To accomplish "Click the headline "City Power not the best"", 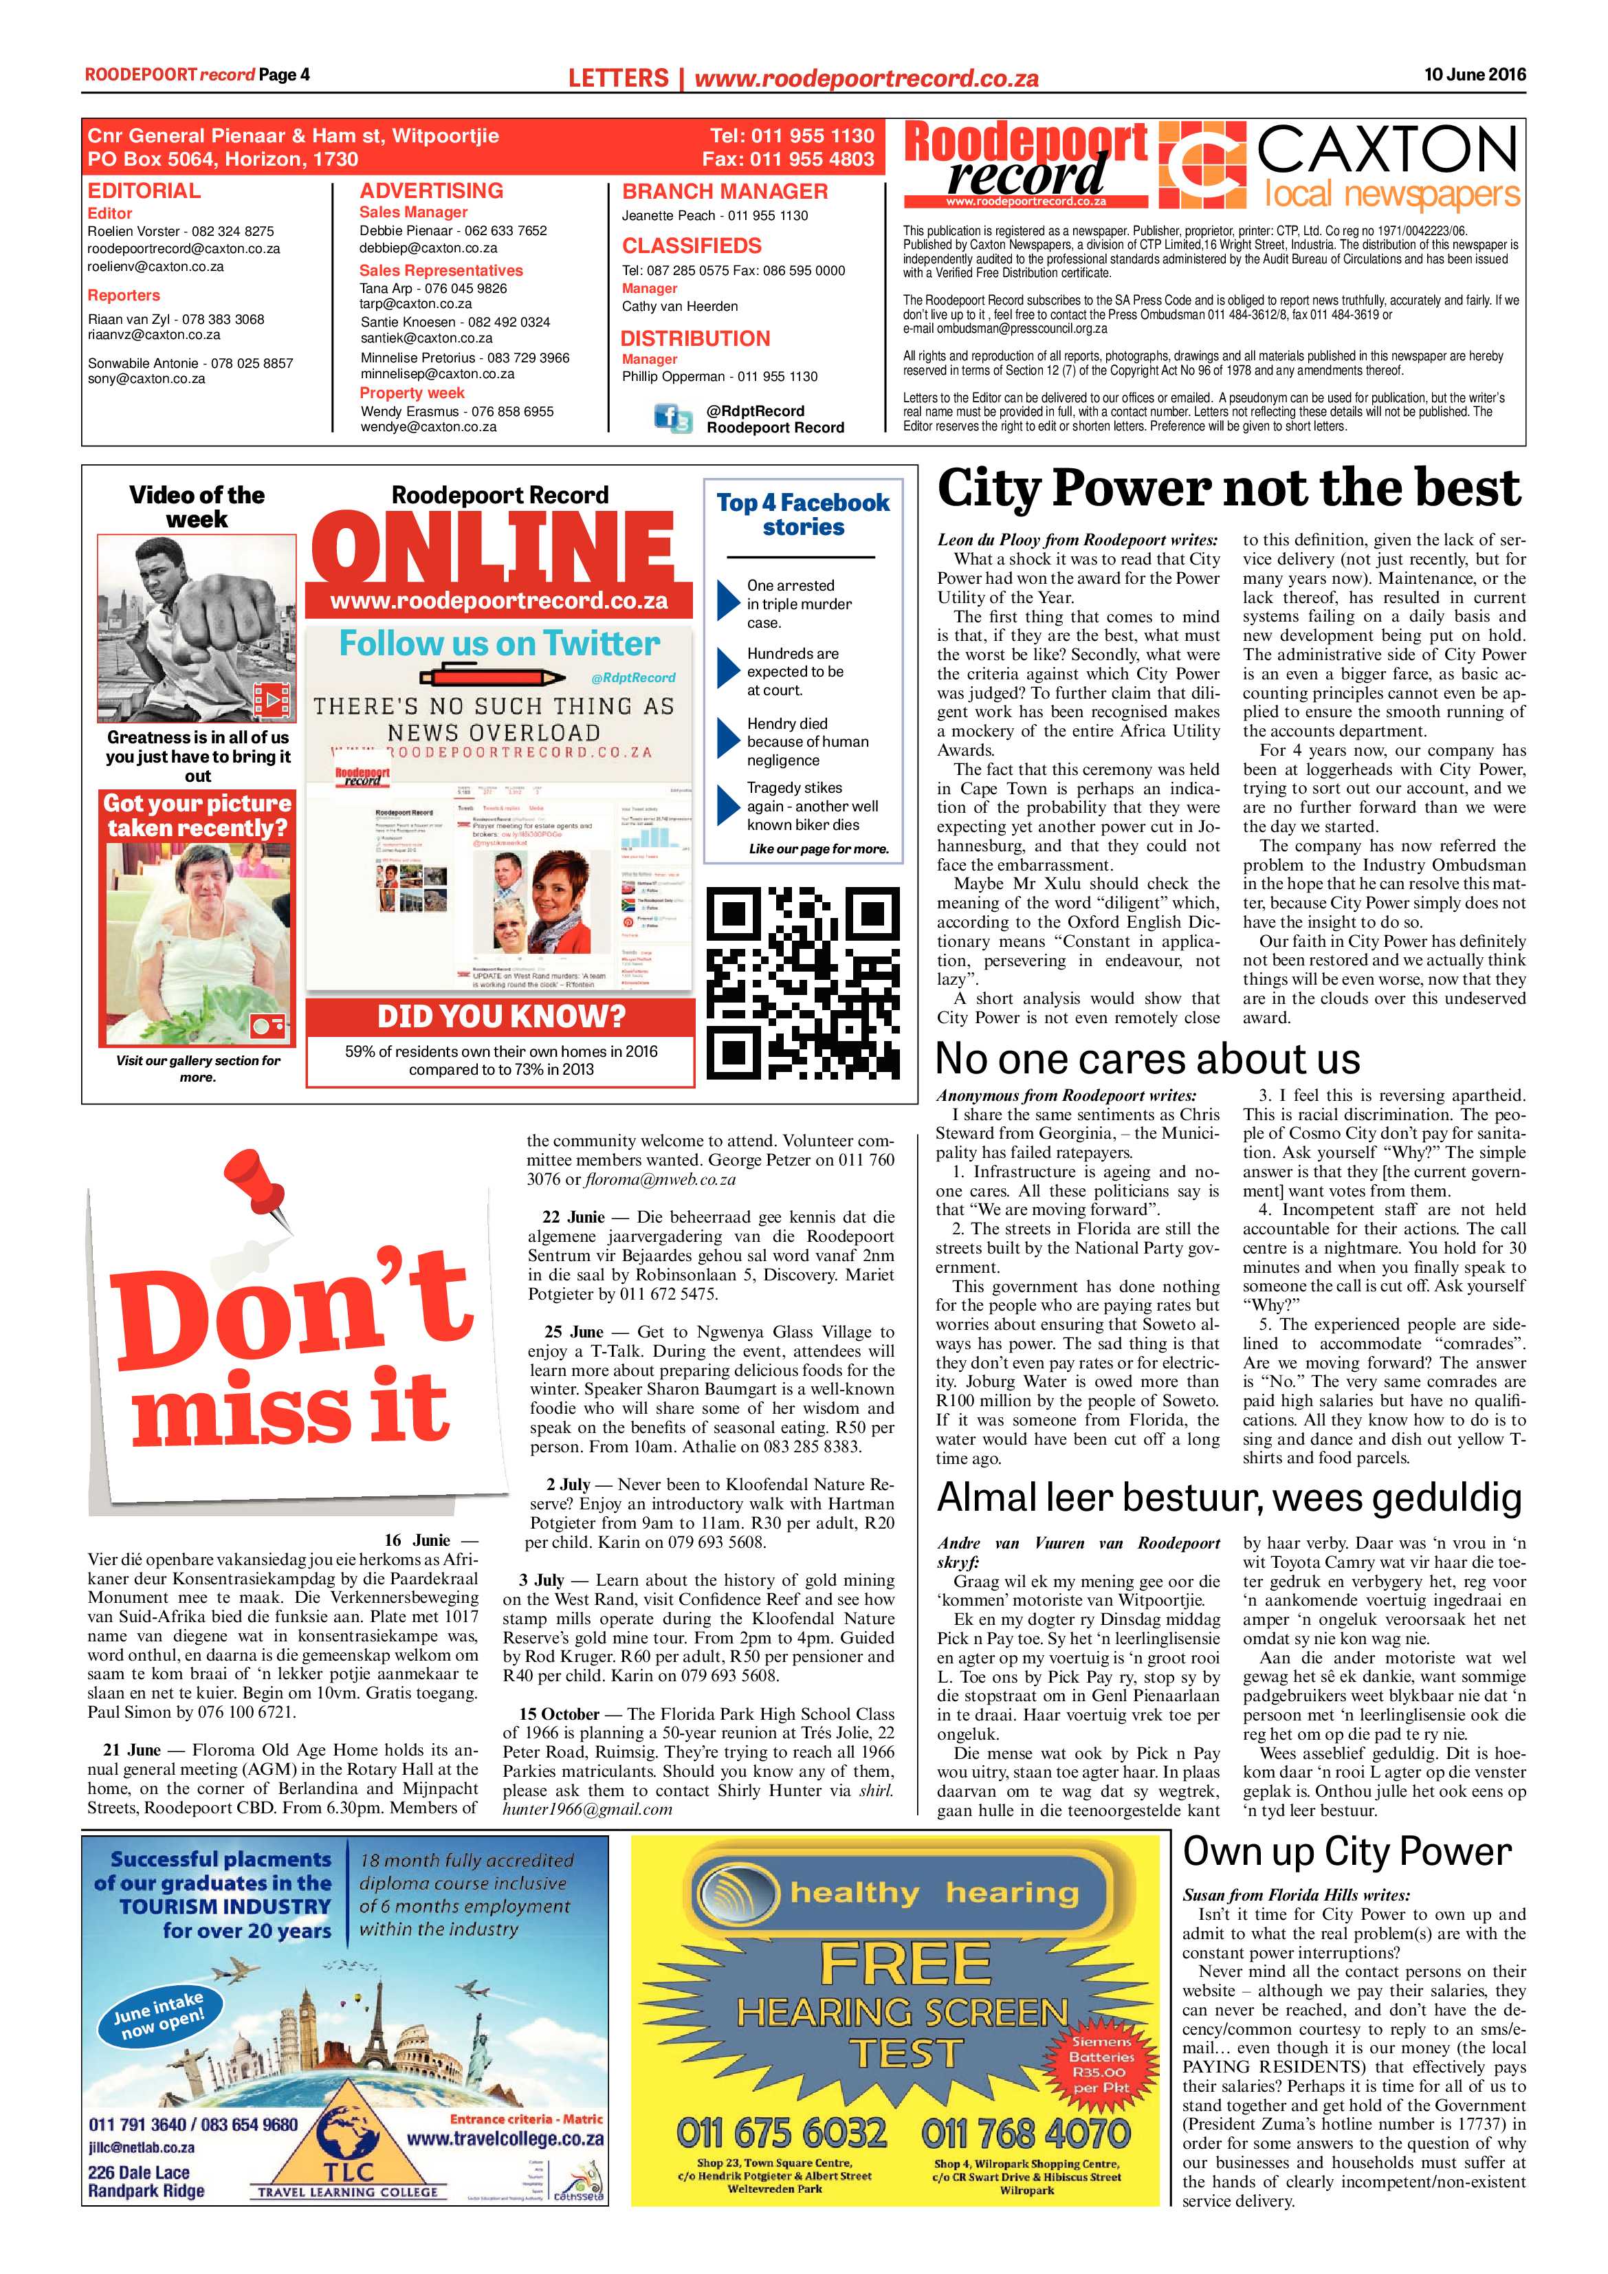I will (1228, 490).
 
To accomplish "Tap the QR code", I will (803, 981).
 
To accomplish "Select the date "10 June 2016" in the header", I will (1475, 74).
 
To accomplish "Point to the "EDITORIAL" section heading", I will (144, 191).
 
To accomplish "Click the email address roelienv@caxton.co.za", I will (155, 266).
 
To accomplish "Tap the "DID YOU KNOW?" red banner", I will (500, 1016).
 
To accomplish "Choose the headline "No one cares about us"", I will (1147, 1060).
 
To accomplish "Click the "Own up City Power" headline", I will (1347, 1851).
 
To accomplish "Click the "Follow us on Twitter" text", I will (499, 644).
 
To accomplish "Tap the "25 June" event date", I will (573, 1332).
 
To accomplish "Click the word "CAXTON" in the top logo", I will (1386, 151).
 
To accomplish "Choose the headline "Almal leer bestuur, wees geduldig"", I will (1228, 1498).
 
